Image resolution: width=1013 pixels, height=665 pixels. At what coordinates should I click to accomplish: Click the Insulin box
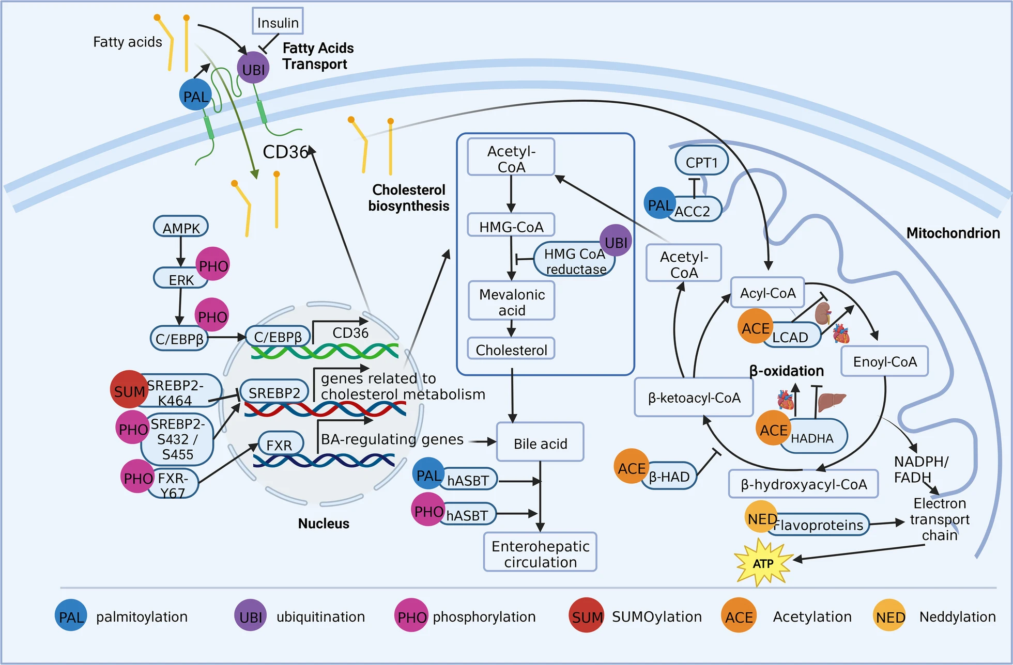(x=278, y=22)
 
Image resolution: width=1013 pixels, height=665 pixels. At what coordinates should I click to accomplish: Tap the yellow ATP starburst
(x=763, y=563)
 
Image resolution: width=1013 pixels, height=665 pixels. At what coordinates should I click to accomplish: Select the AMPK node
(x=181, y=227)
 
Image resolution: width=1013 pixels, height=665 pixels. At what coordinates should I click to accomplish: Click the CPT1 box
(x=701, y=162)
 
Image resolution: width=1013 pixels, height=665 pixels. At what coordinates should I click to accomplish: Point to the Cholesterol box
(x=511, y=350)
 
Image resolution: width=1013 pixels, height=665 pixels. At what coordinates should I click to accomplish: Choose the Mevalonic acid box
(x=511, y=302)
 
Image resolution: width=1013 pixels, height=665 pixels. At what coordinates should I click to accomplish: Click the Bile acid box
(x=540, y=443)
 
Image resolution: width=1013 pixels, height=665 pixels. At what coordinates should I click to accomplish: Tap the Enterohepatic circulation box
(x=540, y=553)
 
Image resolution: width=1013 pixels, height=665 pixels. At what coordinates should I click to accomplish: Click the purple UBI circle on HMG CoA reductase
(x=616, y=241)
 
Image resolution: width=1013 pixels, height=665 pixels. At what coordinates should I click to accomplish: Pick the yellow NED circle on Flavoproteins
(x=762, y=517)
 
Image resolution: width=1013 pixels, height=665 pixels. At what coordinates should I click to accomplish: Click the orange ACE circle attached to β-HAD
(x=631, y=467)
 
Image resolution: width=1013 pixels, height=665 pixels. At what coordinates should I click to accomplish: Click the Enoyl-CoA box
(x=884, y=361)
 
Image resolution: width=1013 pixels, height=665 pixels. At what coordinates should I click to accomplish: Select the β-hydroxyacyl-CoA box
(x=803, y=484)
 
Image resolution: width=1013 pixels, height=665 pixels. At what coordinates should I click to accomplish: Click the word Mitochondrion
(x=953, y=233)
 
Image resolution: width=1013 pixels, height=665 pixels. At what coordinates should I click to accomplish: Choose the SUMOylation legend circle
(x=587, y=615)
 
